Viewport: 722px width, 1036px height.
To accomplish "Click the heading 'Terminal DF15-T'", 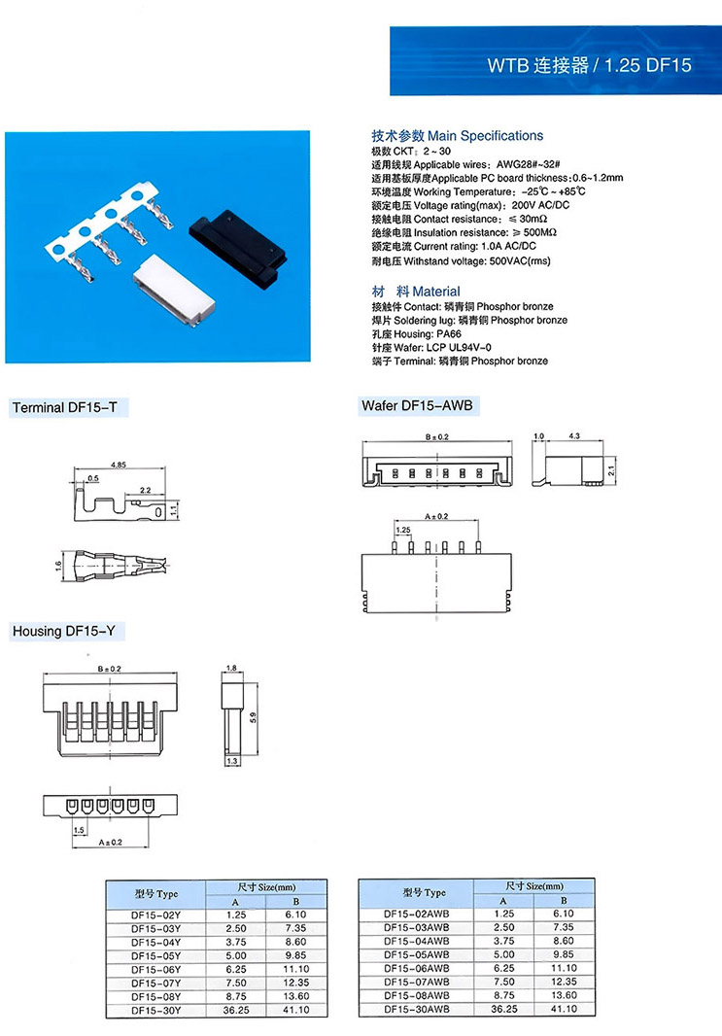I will [65, 408].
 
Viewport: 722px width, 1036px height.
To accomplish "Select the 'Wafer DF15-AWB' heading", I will [417, 404].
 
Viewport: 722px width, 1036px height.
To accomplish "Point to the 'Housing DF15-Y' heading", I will [64, 632].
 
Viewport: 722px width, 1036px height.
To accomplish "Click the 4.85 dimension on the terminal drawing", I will [120, 465].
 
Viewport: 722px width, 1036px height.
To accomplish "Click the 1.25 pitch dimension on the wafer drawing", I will [402, 530].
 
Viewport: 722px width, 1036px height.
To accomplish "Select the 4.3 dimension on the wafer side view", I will [573, 437].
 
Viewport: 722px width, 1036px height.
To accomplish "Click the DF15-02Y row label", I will [155, 915].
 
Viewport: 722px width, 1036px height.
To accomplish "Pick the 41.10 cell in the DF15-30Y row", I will [296, 1010].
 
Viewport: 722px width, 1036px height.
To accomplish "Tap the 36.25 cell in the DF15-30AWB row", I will [503, 1010].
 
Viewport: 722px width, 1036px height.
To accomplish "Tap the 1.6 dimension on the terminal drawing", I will [57, 563].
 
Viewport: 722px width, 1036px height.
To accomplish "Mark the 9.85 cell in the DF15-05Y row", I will [296, 955].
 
